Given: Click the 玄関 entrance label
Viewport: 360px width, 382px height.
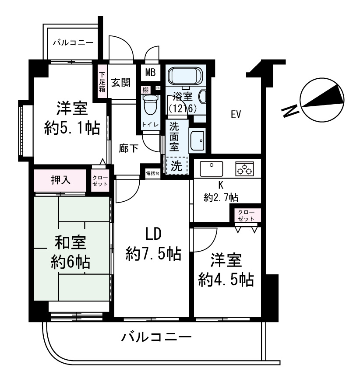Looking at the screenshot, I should coord(120,83).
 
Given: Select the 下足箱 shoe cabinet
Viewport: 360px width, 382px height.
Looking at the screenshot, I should coord(102,82).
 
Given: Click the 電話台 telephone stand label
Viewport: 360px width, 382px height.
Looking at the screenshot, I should coord(152,174).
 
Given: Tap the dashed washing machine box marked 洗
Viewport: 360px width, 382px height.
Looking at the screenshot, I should coord(176,166).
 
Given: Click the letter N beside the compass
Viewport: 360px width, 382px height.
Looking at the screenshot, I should coord(289,111).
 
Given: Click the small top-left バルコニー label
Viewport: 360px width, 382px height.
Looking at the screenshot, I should coord(73,43).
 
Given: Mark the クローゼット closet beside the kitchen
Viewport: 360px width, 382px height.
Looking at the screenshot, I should coord(246,215).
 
